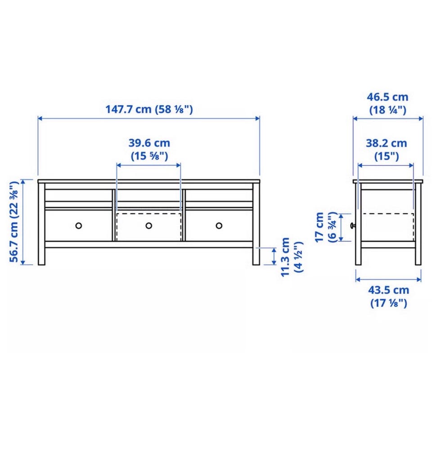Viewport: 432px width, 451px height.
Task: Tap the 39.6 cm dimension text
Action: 149,143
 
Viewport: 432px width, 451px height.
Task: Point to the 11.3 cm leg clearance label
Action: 285,257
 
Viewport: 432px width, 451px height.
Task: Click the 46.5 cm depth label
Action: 387,97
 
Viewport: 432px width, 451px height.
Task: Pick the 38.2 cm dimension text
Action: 386,143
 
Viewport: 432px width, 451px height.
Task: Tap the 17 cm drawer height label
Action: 319,227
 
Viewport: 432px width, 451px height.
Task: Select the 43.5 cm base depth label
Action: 388,290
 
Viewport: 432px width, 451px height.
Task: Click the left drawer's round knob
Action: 78,225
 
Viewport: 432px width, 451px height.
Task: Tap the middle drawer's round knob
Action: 148,225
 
